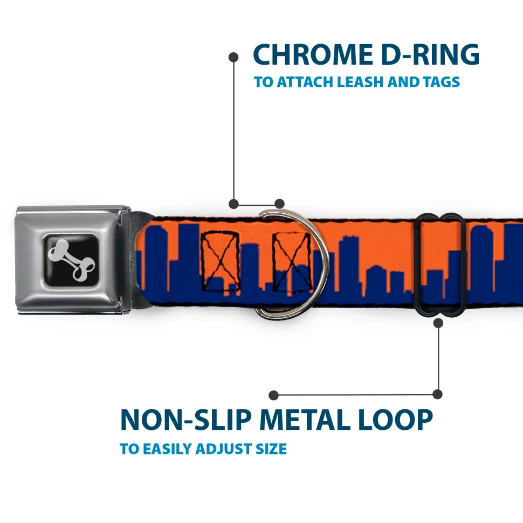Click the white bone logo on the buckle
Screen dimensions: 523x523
click(x=72, y=260)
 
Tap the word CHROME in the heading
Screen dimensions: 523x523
click(x=313, y=55)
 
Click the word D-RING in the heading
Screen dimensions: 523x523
click(x=430, y=55)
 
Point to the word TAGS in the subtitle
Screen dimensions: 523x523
click(x=441, y=82)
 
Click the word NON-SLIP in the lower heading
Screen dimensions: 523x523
click(x=185, y=420)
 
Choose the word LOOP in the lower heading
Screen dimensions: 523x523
click(x=395, y=420)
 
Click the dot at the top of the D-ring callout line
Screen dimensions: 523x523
click(x=233, y=57)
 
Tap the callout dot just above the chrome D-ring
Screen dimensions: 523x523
click(x=279, y=204)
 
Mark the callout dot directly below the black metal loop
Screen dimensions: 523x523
click(x=438, y=323)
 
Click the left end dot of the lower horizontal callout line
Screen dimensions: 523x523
click(x=273, y=395)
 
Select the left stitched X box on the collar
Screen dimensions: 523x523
click(x=221, y=261)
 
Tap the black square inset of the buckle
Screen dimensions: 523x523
click(x=71, y=260)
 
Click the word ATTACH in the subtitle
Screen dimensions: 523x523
click(x=305, y=82)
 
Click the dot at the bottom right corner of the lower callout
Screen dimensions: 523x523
click(x=437, y=394)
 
